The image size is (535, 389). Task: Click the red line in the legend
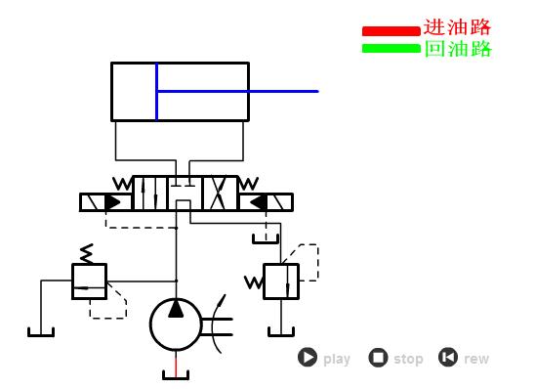pyautogui.click(x=391, y=30)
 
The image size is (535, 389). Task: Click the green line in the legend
pyautogui.click(x=391, y=48)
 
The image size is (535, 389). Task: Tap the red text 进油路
pyautogui.click(x=457, y=27)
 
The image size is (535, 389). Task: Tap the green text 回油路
pyautogui.click(x=457, y=48)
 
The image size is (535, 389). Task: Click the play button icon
pyautogui.click(x=308, y=358)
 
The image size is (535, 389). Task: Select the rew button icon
pyautogui.click(x=448, y=358)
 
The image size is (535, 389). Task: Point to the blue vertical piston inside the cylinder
pyautogui.click(x=156, y=91)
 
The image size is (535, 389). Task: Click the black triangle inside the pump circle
pyautogui.click(x=176, y=310)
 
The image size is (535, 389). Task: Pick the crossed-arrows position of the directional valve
pyautogui.click(x=220, y=193)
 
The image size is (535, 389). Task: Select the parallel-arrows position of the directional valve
pyautogui.click(x=149, y=193)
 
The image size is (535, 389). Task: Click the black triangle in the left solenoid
pyautogui.click(x=113, y=202)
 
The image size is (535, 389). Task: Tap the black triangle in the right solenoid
pyautogui.click(x=258, y=202)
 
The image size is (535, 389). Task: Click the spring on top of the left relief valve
pyautogui.click(x=87, y=253)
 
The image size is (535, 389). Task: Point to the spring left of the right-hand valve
pyautogui.click(x=254, y=282)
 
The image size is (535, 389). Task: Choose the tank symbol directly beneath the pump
pyautogui.click(x=176, y=373)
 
